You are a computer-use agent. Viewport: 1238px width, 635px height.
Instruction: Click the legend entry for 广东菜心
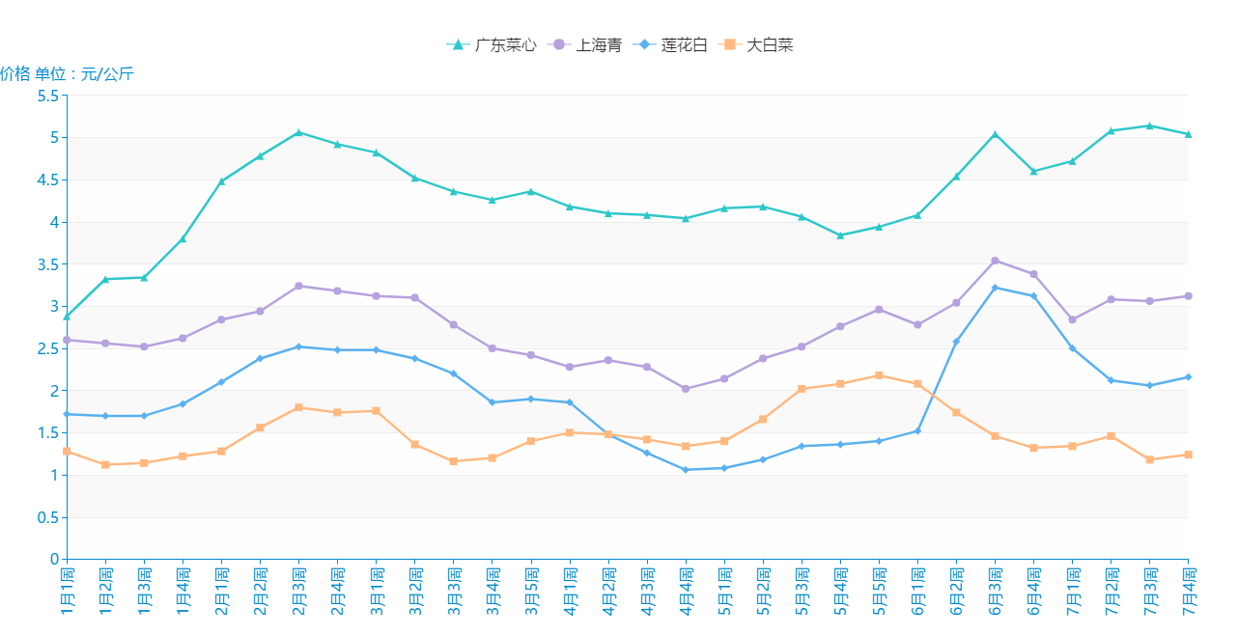coord(492,45)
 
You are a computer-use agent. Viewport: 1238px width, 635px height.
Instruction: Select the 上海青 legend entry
coord(585,45)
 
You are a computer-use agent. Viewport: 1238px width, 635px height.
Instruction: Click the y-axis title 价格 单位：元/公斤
coord(67,74)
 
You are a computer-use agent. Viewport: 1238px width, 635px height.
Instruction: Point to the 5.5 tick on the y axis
coord(47,96)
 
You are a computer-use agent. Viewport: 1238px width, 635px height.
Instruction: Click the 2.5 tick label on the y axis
coord(47,348)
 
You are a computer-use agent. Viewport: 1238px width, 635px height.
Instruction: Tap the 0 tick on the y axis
coord(54,560)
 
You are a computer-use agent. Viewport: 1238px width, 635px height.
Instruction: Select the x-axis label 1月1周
coord(67,591)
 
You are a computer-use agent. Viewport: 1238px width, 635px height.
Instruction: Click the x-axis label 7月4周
coord(1189,591)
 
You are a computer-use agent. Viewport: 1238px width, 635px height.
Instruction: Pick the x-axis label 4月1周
coord(570,591)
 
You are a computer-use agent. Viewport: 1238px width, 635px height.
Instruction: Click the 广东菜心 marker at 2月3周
coord(298,132)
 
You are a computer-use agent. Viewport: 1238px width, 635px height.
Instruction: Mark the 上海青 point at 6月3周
coord(995,261)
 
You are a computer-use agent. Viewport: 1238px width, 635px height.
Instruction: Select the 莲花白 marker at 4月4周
coord(686,470)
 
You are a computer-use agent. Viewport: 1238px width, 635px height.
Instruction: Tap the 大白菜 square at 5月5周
coord(879,375)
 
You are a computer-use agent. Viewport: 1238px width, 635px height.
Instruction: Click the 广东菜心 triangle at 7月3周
coord(1149,125)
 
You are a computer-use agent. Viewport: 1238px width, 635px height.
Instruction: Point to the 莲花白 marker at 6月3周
coord(995,288)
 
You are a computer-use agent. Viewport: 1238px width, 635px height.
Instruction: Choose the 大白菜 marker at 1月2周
coord(105,465)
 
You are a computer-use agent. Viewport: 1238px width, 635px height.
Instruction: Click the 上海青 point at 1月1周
coord(67,340)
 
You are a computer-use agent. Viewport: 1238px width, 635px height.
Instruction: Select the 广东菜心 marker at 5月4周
coord(840,235)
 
